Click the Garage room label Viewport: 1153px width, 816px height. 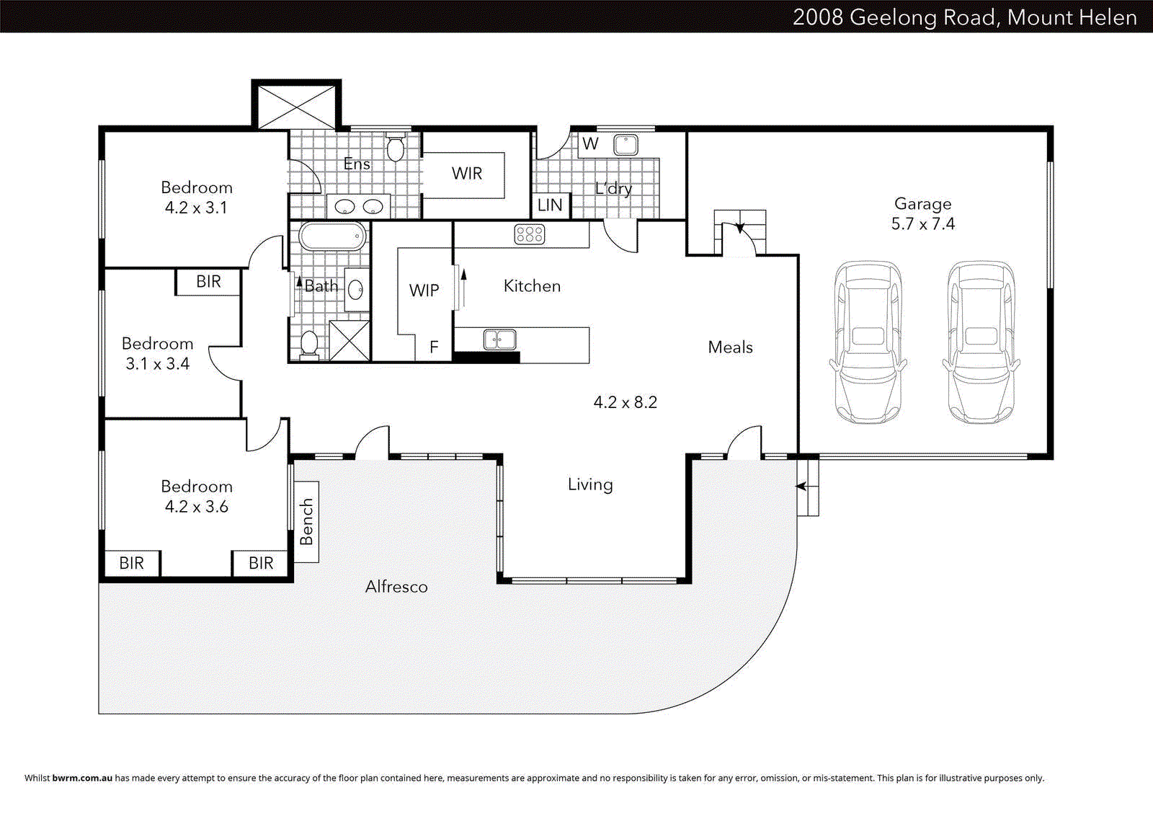click(x=922, y=204)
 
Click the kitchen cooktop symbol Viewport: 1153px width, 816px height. click(x=530, y=234)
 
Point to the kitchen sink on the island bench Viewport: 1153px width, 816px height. click(x=499, y=339)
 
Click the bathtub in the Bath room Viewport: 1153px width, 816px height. click(x=333, y=236)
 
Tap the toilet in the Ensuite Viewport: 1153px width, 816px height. click(x=396, y=148)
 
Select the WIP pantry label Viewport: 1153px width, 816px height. click(x=424, y=291)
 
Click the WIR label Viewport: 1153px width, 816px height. click(x=467, y=174)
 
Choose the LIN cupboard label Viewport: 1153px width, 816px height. click(x=550, y=205)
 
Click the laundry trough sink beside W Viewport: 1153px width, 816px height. click(x=626, y=145)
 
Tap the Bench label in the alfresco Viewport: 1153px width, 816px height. click(x=307, y=521)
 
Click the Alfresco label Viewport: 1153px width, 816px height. click(x=396, y=587)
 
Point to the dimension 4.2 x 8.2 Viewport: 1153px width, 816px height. click(x=625, y=402)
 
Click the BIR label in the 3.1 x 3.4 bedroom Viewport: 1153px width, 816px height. click(x=208, y=282)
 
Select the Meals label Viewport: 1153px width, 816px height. click(x=730, y=347)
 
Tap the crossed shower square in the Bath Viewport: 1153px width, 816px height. click(x=350, y=340)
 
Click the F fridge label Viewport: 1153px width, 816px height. click(x=434, y=347)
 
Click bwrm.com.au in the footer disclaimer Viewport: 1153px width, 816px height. click(x=82, y=778)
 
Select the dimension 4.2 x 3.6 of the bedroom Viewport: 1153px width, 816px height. click(x=196, y=507)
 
